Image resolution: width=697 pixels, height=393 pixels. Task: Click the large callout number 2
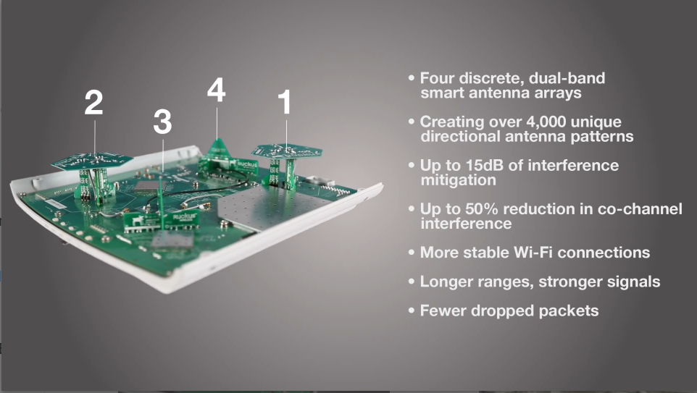tap(93, 103)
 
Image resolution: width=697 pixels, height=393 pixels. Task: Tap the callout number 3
tap(162, 122)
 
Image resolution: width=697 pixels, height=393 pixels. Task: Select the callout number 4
tap(217, 90)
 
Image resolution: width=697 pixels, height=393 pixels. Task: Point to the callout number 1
tap(285, 102)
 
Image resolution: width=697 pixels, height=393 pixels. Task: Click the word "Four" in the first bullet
tap(438, 78)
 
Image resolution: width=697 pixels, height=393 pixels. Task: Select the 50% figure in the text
tap(482, 208)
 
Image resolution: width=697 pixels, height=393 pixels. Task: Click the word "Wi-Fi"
tap(533, 253)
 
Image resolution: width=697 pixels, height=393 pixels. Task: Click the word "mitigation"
tap(459, 179)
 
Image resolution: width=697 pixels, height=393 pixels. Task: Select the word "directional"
tap(460, 136)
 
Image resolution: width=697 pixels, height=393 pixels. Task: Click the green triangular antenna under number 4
tap(218, 152)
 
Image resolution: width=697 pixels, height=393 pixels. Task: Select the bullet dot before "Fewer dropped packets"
tap(412, 310)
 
